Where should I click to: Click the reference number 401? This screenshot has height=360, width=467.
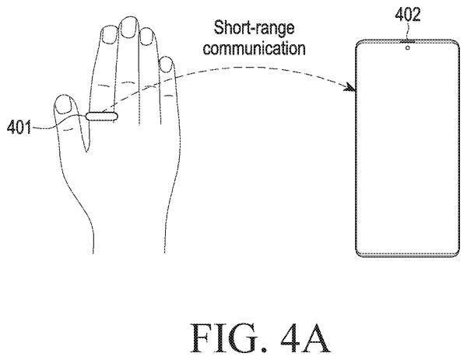point(19,128)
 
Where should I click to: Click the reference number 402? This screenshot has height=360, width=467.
point(407,14)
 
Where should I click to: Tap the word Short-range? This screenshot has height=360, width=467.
point(254,28)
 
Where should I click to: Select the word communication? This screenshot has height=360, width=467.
point(254,48)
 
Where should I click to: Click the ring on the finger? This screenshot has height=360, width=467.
point(102,116)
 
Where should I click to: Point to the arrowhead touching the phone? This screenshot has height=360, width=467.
point(350,87)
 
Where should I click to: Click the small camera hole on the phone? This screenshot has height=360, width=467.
point(407,47)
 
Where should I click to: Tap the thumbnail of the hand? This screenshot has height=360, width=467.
point(64,104)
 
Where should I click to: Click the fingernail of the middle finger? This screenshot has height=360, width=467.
point(129,27)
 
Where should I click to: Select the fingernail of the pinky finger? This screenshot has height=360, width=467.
point(166,65)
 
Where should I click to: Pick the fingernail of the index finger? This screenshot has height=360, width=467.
point(109,34)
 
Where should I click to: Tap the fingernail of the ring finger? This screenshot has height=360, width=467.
point(146,37)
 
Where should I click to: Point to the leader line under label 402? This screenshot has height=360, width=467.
point(408,32)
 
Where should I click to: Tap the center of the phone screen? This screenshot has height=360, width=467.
point(407,149)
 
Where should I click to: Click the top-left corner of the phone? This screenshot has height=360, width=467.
point(357,42)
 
